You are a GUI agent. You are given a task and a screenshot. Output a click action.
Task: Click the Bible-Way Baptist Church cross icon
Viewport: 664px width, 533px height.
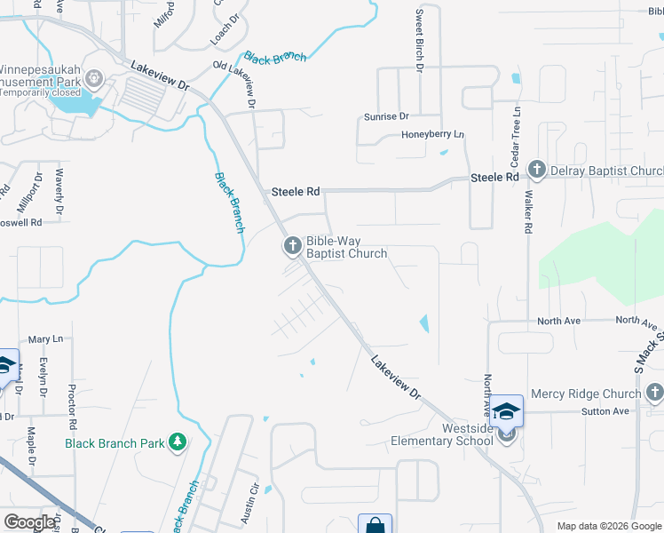pos(293,246)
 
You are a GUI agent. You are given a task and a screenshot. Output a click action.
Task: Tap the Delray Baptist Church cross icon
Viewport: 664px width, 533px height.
pos(536,170)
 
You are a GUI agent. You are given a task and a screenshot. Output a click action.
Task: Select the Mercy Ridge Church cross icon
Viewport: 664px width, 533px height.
pos(654,392)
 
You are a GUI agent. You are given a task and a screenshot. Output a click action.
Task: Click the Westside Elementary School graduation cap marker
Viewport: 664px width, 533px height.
pos(507,413)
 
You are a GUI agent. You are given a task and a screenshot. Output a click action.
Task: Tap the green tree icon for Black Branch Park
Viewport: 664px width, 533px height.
pos(178,442)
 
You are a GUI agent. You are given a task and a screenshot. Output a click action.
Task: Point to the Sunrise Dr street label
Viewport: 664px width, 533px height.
pos(386,116)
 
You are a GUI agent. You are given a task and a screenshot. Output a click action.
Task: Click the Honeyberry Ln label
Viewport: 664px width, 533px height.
pos(433,134)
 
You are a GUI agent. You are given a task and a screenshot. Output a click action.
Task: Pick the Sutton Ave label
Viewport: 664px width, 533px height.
pos(605,411)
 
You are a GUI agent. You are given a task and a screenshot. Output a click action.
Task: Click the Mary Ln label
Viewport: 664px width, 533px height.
pos(45,339)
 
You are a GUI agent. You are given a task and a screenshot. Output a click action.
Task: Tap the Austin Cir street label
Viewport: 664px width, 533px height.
pos(252,503)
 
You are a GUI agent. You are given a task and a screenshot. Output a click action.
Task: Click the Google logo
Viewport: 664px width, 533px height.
pos(29,521)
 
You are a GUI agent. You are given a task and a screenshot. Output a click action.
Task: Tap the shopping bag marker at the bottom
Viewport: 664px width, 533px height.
pos(375,525)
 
